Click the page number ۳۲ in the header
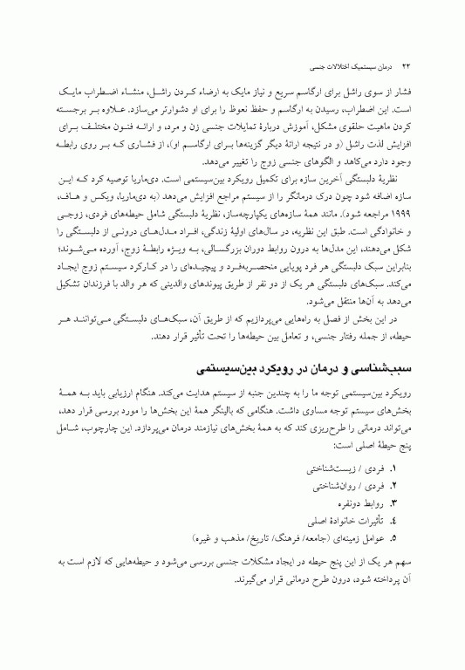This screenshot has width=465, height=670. [x=408, y=66]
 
